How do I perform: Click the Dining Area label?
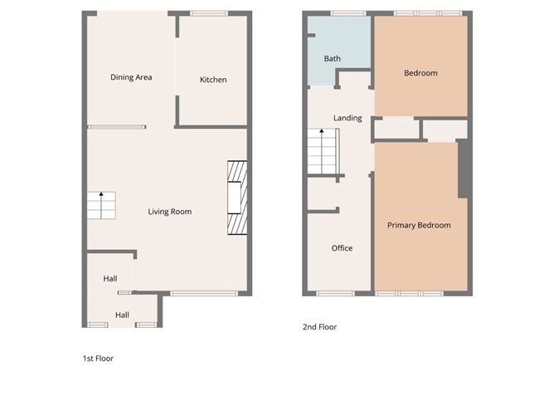(131, 77)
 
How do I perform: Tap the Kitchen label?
(213, 80)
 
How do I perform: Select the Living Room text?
(170, 212)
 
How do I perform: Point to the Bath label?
(332, 59)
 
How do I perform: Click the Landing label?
(347, 118)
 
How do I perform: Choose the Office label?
(342, 248)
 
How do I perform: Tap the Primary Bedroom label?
(419, 225)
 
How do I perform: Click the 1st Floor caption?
(98, 359)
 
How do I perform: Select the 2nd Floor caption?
(319, 327)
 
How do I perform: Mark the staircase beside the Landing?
(323, 152)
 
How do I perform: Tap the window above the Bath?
(347, 13)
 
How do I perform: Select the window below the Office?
(336, 293)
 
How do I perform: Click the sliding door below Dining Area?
(117, 127)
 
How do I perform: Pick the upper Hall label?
(110, 279)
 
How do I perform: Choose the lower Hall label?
(122, 315)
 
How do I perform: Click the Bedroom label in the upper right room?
(420, 73)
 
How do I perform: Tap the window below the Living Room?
(205, 293)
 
